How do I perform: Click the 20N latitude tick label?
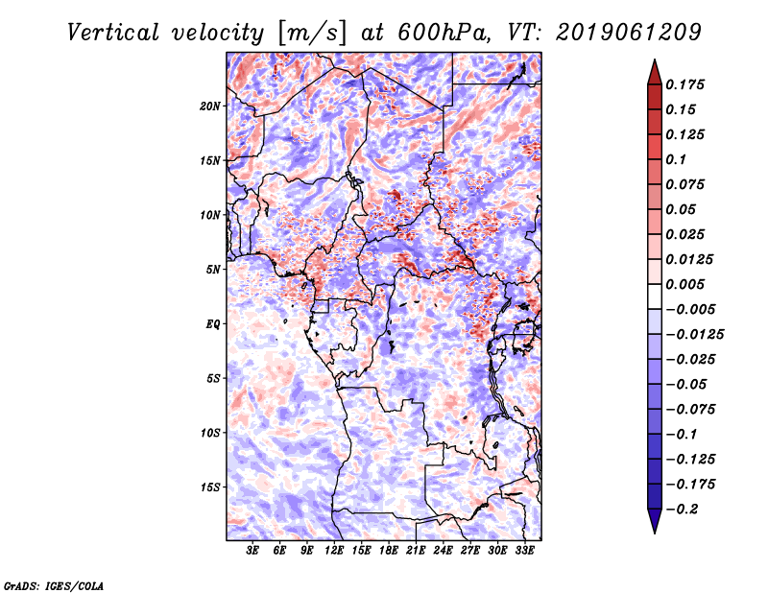(210, 106)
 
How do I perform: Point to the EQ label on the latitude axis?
(212, 324)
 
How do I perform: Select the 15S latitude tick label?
(210, 487)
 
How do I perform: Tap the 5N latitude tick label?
(213, 270)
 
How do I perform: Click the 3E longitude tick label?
(253, 551)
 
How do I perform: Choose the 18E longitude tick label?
(390, 551)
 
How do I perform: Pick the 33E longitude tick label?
(525, 551)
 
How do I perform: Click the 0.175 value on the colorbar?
(686, 84)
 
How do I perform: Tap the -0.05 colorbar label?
(690, 384)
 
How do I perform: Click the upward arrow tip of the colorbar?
(654, 63)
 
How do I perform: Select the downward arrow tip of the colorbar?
(654, 529)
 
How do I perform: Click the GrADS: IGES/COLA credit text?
(54, 584)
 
